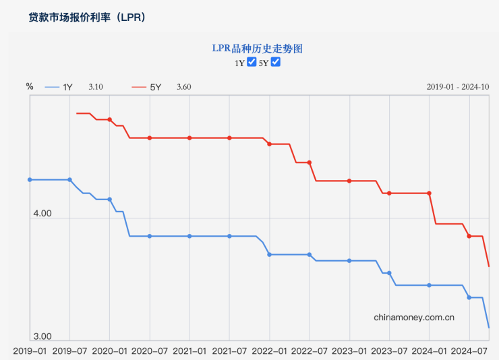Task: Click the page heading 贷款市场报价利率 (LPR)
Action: coord(87,18)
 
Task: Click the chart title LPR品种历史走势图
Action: coord(257,49)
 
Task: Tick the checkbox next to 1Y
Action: coord(252,63)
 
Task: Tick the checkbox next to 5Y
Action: coord(275,63)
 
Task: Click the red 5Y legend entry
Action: coord(147,87)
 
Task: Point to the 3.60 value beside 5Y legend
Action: coord(183,87)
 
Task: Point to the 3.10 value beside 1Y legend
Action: coord(96,87)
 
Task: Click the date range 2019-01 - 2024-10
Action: coord(457,87)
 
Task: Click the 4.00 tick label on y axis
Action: coord(42,214)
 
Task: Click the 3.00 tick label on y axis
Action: coord(42,336)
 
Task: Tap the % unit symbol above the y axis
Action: coord(30,86)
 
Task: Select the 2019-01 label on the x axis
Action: coord(30,351)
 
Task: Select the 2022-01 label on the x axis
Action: coord(269,351)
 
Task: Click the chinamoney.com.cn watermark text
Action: coord(414,316)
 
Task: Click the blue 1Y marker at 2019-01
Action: coord(30,179)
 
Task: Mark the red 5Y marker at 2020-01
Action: coord(110,119)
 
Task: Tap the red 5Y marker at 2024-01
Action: coord(430,193)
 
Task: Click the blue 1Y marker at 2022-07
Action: coord(310,254)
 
